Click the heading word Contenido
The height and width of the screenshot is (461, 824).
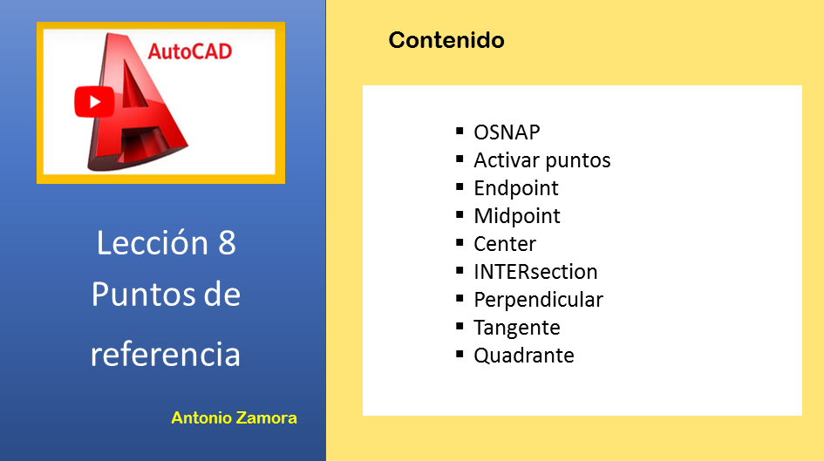446,40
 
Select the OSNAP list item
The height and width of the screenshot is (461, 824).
507,132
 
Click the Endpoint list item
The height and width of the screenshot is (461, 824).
516,188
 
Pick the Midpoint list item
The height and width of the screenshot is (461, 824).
517,216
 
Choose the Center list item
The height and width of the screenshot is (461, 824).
505,244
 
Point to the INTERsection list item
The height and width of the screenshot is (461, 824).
535,272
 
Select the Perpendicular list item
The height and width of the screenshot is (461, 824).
538,300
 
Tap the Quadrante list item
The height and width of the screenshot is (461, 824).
523,356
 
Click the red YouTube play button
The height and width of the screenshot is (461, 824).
94,102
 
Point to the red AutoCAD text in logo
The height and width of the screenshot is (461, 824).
190,51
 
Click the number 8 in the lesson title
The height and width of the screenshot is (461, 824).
227,243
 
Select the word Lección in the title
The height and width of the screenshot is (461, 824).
152,242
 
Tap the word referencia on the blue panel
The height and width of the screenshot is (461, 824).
166,354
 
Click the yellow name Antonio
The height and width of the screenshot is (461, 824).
201,418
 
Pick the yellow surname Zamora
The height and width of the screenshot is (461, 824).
267,418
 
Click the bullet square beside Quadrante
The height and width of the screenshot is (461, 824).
460,354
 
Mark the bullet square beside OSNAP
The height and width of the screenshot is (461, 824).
460,131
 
